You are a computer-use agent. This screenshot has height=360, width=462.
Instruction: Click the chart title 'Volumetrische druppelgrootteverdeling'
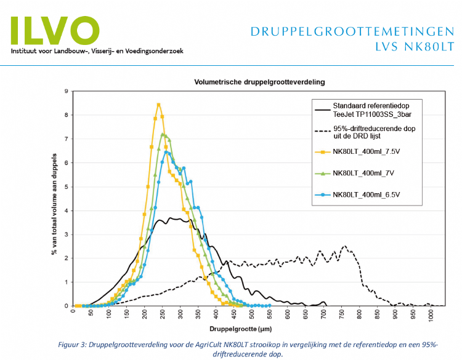[259, 81]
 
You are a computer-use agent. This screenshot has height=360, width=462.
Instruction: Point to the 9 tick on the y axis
[66, 92]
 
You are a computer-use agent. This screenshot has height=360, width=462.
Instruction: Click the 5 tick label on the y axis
[66, 187]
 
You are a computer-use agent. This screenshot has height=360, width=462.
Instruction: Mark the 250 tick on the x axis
[163, 311]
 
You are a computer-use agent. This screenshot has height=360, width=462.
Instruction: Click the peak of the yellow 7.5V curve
[158, 105]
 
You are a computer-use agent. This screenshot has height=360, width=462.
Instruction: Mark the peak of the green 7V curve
[163, 134]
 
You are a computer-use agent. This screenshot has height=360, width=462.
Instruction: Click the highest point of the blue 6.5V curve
[166, 152]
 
